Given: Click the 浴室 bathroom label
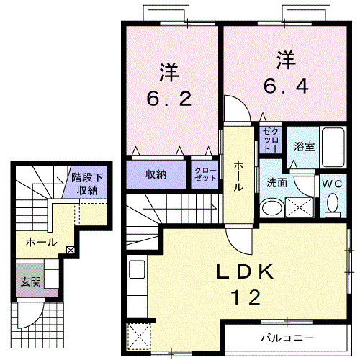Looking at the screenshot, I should coord(304,146).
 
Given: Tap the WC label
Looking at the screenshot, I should coord(332,183).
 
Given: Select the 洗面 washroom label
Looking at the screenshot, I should coord(277,183).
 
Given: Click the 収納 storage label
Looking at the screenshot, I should coord(156,174).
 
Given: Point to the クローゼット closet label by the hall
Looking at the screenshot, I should coord(204,174).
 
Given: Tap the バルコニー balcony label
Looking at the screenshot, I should coord(287,338).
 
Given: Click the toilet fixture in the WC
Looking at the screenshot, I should coord(333,206).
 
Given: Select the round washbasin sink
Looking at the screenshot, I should coord(272,209).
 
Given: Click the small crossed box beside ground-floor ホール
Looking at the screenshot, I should coord(70,251).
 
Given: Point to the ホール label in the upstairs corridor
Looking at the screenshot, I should coord(238,176).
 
